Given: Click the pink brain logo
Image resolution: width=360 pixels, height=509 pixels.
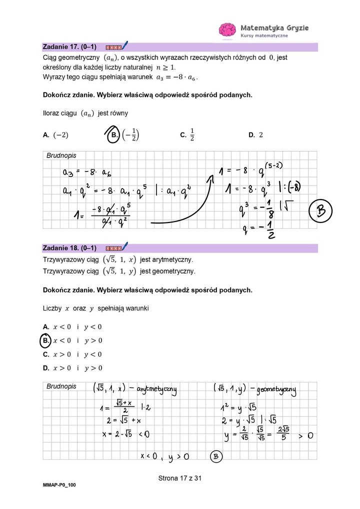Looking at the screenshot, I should click(227, 30).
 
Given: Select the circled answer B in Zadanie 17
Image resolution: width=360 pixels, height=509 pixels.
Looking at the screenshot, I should click(114, 135).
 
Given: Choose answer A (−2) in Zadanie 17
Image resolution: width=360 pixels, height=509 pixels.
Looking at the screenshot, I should click(56, 135).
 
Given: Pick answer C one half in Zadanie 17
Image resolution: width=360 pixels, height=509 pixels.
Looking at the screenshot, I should click(187, 135).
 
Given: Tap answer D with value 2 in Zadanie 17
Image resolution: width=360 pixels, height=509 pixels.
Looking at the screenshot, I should click(255, 135).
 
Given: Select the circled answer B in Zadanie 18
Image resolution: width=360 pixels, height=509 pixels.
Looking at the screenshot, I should click(46, 340).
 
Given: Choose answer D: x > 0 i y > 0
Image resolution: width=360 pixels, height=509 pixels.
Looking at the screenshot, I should click(72, 368).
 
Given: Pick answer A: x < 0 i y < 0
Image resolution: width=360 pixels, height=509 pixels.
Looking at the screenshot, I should click(72, 327).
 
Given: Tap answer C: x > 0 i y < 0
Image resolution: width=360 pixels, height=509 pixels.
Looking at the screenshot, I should click(72, 354).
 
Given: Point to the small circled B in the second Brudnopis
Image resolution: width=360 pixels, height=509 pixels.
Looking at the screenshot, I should click(216, 456).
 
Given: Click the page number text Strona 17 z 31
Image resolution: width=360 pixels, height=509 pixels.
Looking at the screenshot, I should click(179, 478).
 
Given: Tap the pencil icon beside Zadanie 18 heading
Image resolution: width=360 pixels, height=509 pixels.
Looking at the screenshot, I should click(124, 246).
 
